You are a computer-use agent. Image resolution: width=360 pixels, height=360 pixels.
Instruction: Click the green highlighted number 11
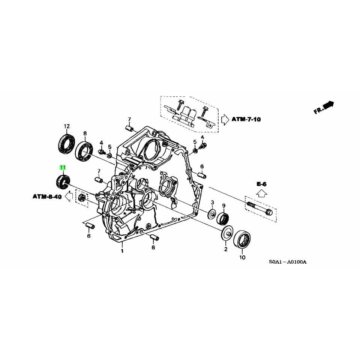pyautogui.click(x=63, y=167)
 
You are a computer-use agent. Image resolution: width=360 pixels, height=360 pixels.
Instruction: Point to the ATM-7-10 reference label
pyautogui.click(x=246, y=119)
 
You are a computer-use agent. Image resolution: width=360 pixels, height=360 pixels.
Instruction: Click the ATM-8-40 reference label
pyautogui.click(x=47, y=196)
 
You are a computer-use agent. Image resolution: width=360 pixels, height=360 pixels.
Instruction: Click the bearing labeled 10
pyautogui.click(x=242, y=240)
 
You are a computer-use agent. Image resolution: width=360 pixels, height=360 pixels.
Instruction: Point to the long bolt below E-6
pyautogui.click(x=261, y=208)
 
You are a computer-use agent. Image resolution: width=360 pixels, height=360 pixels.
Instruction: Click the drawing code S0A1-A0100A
pyautogui.click(x=288, y=262)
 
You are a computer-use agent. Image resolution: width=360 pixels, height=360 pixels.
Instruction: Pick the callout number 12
pyautogui.click(x=67, y=126)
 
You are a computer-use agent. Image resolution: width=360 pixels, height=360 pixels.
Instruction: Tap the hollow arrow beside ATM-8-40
pyautogui.click(x=69, y=196)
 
